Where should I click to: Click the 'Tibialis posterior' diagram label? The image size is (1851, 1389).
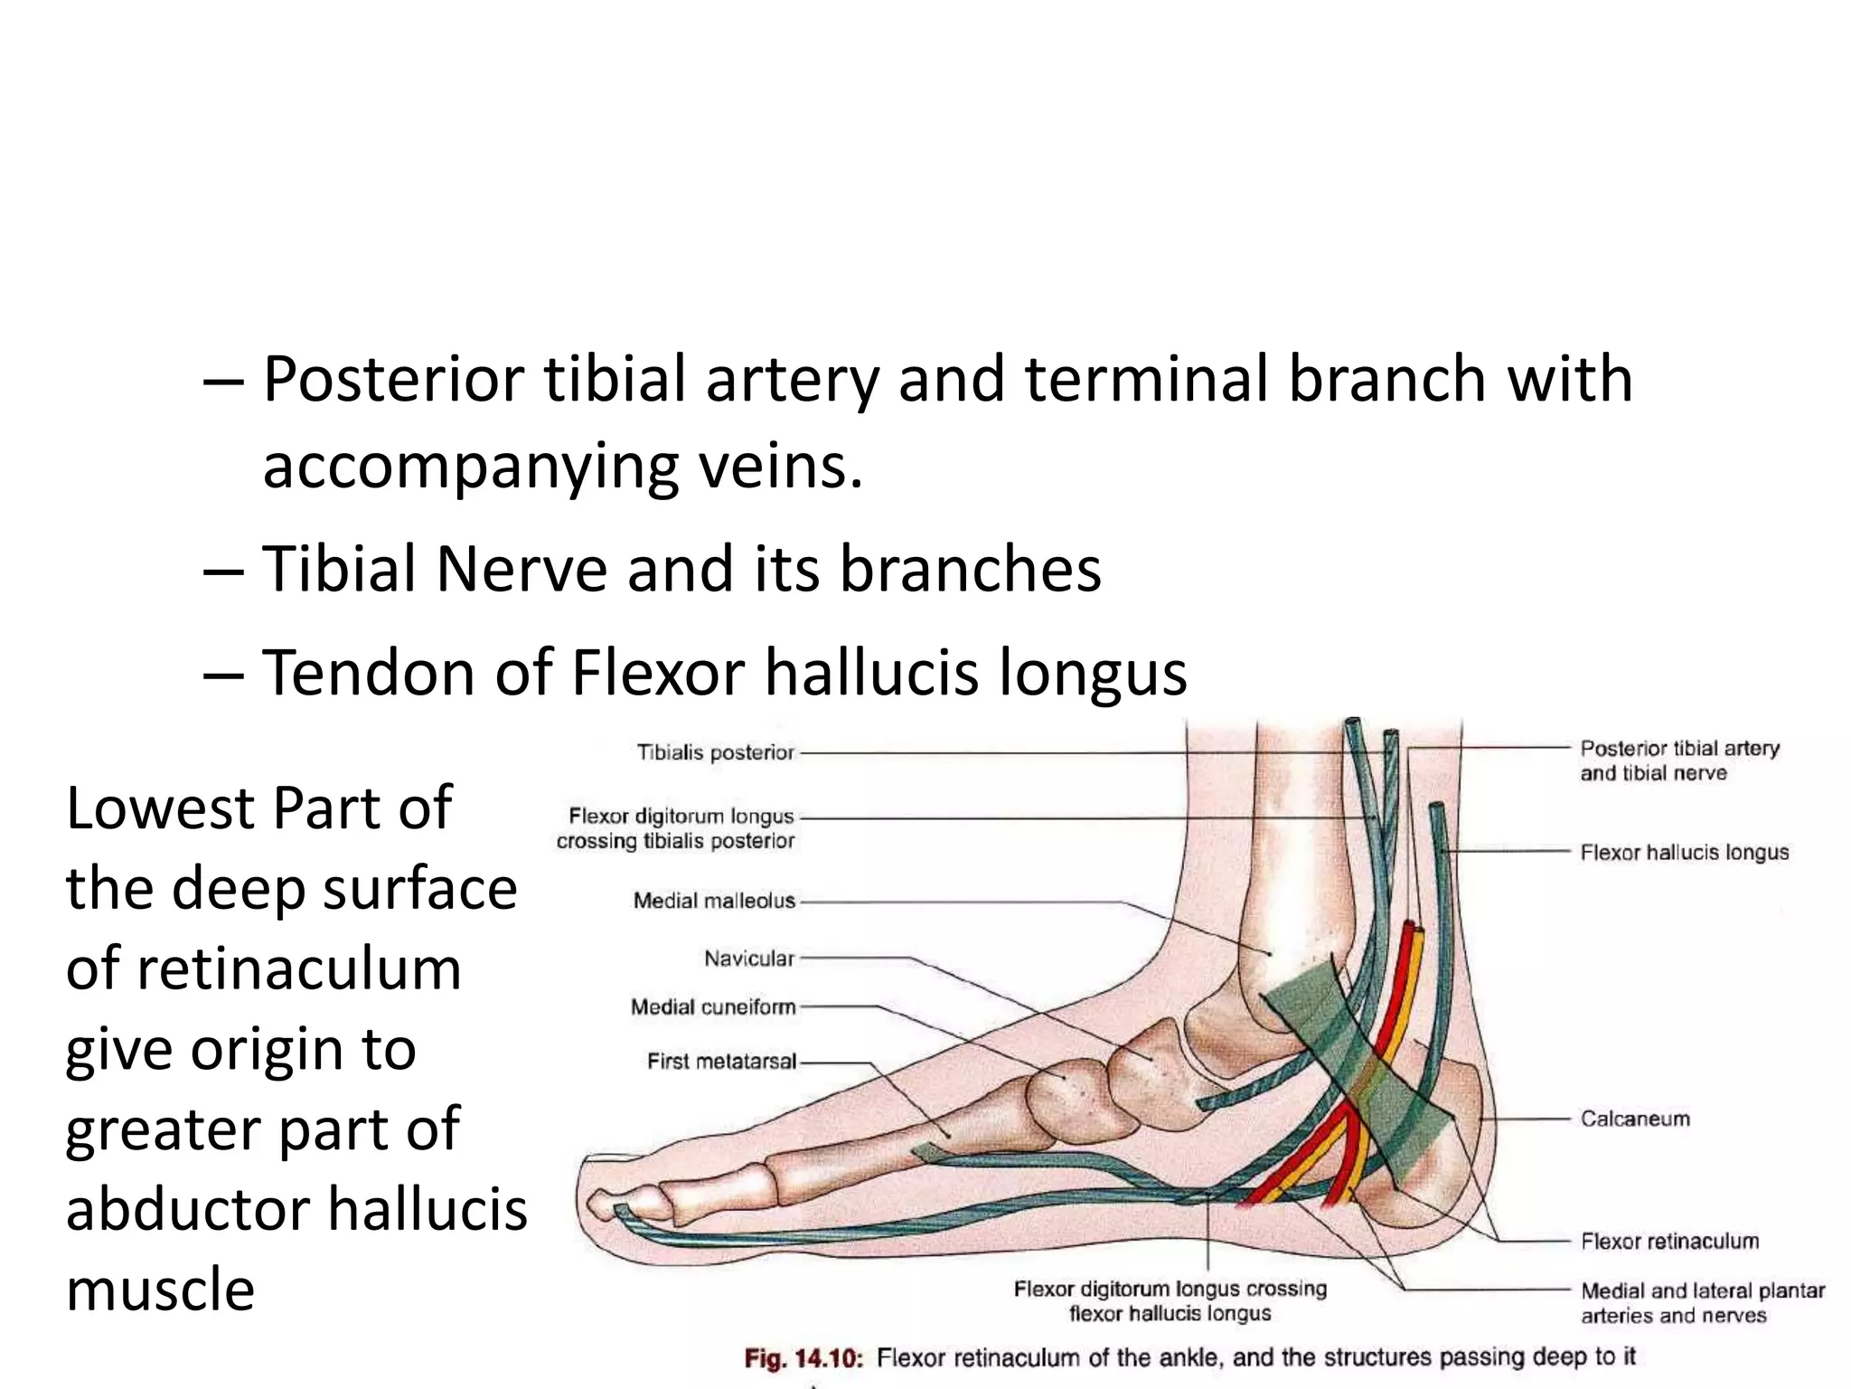coord(715,752)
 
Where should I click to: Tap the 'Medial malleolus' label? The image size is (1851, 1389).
coord(714,901)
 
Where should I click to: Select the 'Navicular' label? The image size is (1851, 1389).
coord(749,959)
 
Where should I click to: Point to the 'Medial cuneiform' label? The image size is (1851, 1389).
coord(713,1007)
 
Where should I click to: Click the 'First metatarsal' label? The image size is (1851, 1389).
coord(721,1062)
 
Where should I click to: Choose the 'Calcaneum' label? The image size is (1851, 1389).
coord(1635,1119)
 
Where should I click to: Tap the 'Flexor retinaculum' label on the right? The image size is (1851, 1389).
coord(1669,1241)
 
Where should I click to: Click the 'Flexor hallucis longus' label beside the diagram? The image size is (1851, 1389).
coord(1684,853)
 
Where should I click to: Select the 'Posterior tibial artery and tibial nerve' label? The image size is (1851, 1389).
coord(1679,761)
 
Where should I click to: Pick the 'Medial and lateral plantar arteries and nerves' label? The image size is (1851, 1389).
coord(1702,1303)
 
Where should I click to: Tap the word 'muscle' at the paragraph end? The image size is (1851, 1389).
coord(160,1290)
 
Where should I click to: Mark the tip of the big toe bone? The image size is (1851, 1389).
coord(597,1205)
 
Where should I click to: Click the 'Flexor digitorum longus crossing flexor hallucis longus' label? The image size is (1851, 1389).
coord(1170,1301)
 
